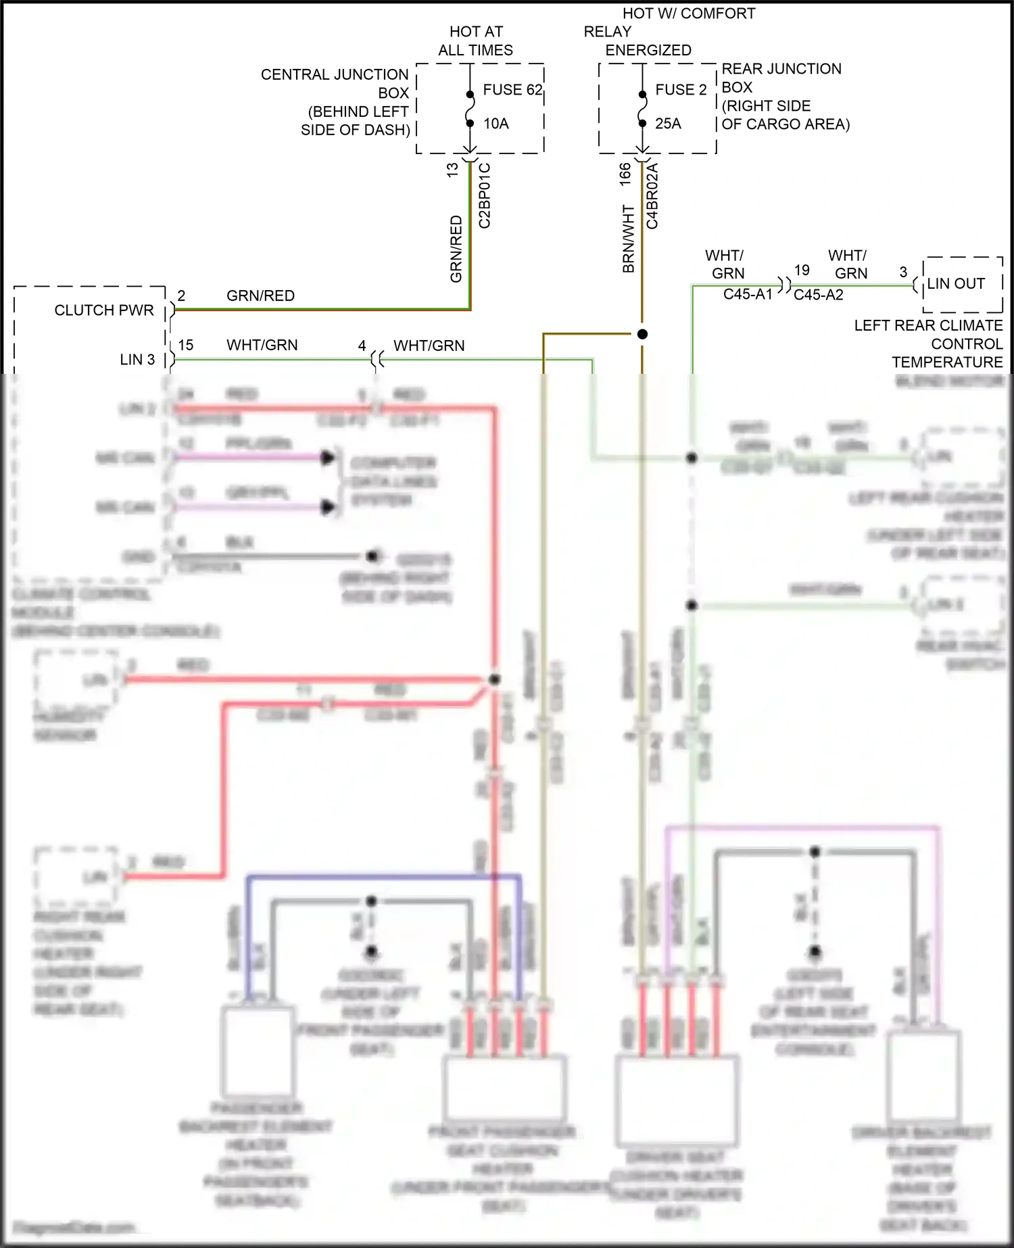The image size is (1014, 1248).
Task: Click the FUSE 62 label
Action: tap(512, 90)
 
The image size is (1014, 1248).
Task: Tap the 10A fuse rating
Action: tap(496, 124)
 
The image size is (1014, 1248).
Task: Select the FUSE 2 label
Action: tap(681, 90)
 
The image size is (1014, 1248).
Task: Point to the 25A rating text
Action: tap(668, 124)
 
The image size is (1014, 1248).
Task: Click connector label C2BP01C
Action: tap(485, 195)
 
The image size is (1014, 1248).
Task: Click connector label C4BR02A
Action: tap(652, 196)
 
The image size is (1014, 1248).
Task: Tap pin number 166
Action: tap(625, 174)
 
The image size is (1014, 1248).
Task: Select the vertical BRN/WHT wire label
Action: tap(629, 239)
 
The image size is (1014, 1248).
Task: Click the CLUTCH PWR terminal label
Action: tap(104, 310)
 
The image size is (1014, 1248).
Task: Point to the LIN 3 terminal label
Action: tap(137, 360)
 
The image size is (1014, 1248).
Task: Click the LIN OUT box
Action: tap(962, 284)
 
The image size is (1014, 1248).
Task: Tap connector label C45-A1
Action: tap(747, 295)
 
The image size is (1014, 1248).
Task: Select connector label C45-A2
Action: tap(818, 295)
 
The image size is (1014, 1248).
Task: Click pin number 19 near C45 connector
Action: tap(802, 270)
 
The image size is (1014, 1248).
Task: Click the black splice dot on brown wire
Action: tap(642, 334)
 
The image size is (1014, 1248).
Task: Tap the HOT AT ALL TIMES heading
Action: tap(476, 41)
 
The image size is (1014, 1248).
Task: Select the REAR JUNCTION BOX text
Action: tap(781, 78)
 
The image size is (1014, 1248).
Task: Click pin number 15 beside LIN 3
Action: tap(186, 345)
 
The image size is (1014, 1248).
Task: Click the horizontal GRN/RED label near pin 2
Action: tap(260, 296)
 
